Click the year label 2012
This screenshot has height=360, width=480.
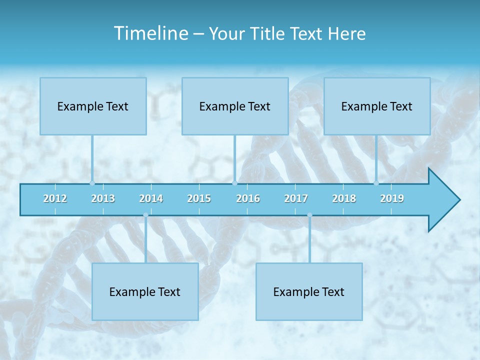tap(55, 198)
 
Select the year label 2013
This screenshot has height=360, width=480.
tap(103, 198)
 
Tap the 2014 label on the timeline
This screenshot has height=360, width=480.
tap(151, 198)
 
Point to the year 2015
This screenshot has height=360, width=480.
tap(199, 198)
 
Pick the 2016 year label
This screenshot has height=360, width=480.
tap(248, 198)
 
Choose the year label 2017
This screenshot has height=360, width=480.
tap(296, 198)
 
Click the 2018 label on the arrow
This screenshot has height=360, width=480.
tap(344, 198)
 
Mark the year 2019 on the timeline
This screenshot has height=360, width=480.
tap(392, 198)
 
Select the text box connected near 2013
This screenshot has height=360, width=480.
tap(93, 106)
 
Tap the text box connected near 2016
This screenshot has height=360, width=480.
tap(235, 106)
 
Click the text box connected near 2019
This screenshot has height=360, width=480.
tap(377, 106)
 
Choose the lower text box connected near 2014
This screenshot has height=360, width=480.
tap(145, 291)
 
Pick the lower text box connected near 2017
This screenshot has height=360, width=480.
tap(309, 291)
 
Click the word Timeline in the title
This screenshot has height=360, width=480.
tap(150, 33)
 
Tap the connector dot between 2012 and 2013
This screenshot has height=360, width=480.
tap(92, 183)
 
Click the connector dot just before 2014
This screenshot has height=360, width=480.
tap(145, 215)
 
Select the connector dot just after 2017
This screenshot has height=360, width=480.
tap(309, 215)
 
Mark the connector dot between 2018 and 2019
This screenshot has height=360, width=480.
tap(376, 183)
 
